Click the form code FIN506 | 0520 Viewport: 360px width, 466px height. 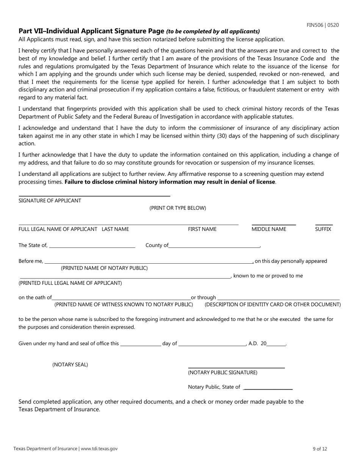click(x=322, y=25)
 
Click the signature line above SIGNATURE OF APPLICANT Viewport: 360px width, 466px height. click(x=94, y=196)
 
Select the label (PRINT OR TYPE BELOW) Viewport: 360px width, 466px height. click(x=178, y=208)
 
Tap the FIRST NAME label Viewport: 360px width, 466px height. click(x=202, y=229)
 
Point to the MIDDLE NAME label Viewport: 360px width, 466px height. click(x=269, y=229)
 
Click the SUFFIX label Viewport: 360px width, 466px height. click(x=323, y=229)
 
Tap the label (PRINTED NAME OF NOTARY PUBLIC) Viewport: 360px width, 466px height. click(x=104, y=268)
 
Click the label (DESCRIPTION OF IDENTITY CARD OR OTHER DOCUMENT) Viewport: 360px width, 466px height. click(x=272, y=305)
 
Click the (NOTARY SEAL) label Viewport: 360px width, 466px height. click(x=70, y=365)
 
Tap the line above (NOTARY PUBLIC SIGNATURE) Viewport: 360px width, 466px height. click(x=236, y=368)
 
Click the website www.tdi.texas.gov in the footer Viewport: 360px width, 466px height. click(x=99, y=449)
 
